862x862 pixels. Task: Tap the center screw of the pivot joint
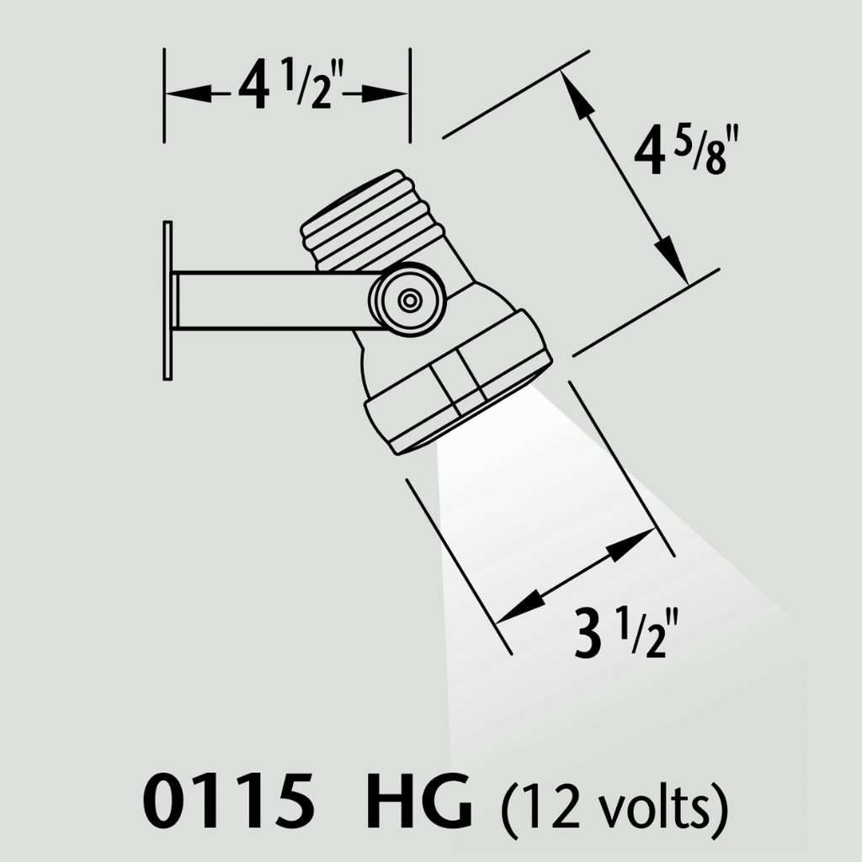click(408, 301)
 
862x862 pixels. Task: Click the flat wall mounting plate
click(168, 301)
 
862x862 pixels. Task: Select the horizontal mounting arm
click(275, 301)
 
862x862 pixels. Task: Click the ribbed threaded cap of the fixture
click(373, 220)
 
